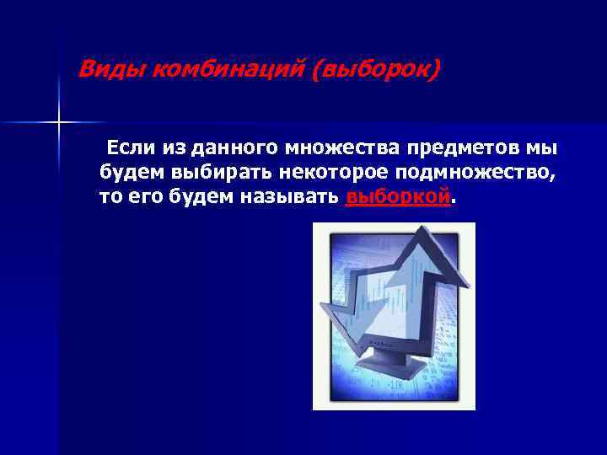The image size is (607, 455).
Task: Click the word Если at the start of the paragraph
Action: point(132,149)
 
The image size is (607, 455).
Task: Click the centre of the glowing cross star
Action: point(59,123)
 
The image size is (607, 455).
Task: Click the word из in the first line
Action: point(175,149)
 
